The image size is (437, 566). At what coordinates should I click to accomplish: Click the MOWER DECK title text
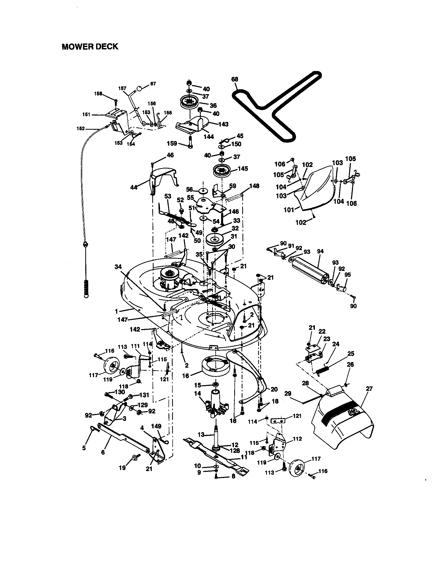tap(90, 47)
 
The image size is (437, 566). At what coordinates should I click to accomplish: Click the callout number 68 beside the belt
tap(234, 79)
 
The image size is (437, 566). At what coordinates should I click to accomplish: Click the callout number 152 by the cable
tap(81, 128)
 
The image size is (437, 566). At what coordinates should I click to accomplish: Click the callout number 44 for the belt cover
tap(134, 187)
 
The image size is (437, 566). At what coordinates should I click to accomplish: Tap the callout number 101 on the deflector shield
tap(289, 209)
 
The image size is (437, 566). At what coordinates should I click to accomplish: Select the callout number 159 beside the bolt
tap(172, 143)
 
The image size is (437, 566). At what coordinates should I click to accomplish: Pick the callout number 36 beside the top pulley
tap(213, 105)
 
